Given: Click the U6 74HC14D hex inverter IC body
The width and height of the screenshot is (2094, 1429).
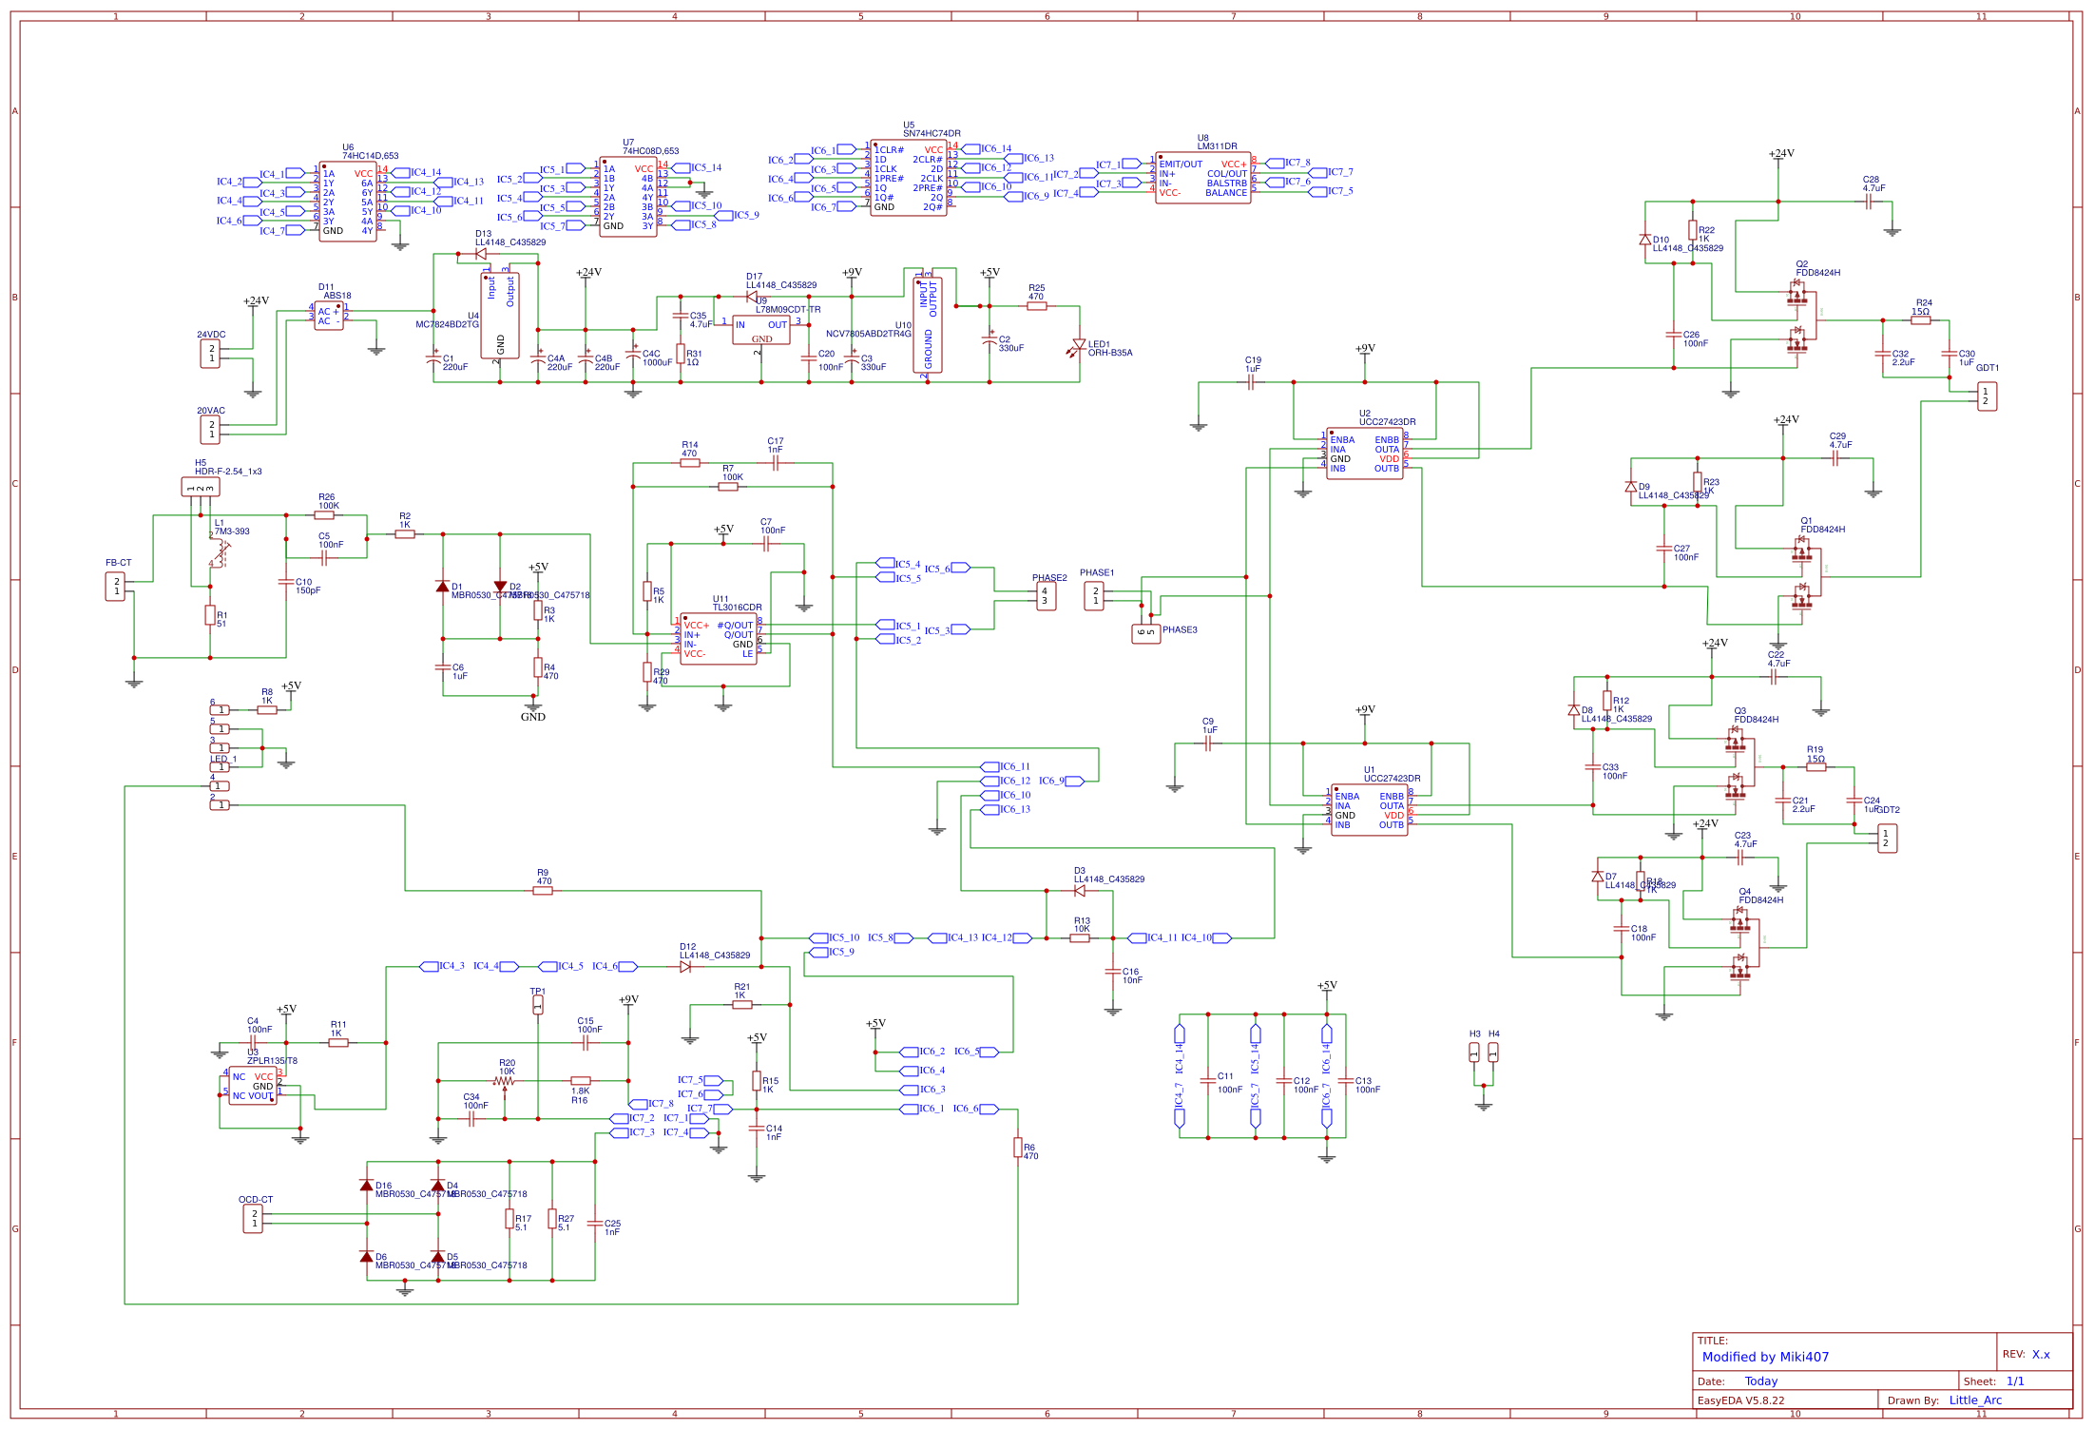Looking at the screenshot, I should pos(347,202).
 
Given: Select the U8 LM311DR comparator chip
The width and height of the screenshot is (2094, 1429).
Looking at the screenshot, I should pos(1202,178).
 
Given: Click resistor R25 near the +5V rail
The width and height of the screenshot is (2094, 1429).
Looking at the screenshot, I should pos(1036,306).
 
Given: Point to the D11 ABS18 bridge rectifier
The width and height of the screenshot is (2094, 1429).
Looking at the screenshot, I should pos(328,317).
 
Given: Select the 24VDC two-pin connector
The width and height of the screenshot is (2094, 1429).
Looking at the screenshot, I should pos(210,354).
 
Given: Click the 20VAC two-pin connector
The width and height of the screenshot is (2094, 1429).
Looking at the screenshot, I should pos(210,430).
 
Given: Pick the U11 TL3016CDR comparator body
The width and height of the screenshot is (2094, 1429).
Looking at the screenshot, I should pos(719,639).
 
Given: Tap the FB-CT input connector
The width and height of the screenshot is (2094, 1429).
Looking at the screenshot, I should pos(115,586).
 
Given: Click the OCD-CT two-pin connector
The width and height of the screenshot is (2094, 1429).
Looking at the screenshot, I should pos(253,1219).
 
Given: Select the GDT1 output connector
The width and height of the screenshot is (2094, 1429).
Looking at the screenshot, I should pos(1987,396).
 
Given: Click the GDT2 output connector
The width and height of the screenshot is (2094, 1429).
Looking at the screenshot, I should pos(1887,839).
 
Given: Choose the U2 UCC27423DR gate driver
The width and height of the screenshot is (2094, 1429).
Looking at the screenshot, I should pos(1364,454).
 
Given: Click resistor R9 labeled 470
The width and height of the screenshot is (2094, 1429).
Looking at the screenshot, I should pos(543,891).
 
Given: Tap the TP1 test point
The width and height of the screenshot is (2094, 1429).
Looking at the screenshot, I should pos(538,1004).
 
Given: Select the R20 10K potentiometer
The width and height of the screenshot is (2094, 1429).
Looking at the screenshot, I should pos(505,1081).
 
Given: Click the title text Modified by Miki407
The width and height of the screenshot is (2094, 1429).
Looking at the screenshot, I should pos(1765,1357).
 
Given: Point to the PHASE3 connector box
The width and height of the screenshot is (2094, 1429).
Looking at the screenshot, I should pos(1145,633).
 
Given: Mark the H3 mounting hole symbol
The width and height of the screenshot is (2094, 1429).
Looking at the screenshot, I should pos(1474,1052).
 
